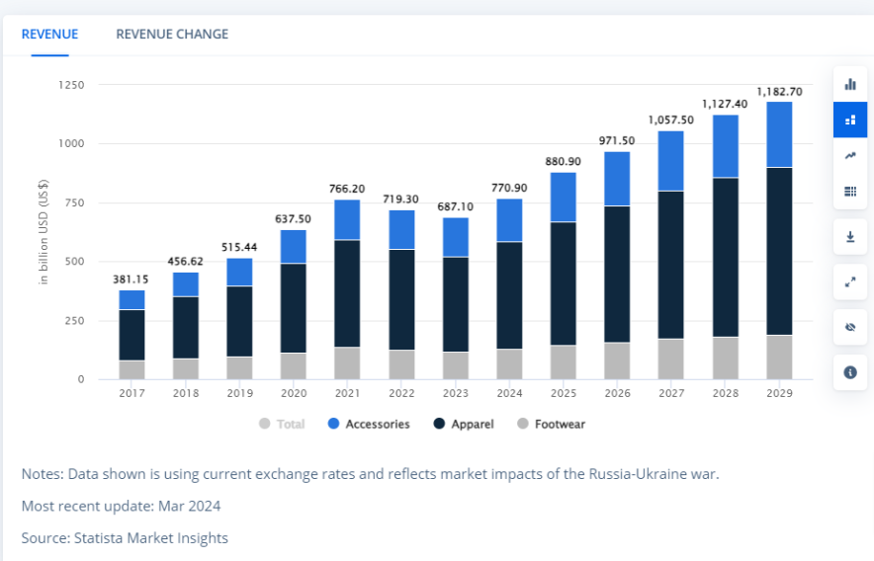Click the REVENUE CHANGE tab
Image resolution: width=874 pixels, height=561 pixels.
pos(172,34)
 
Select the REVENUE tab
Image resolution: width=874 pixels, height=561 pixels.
pos(49,34)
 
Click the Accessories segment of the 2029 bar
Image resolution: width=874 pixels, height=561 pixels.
pos(779,134)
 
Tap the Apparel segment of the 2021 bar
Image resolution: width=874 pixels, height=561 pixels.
pos(346,293)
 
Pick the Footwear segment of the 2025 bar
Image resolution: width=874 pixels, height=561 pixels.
pos(563,362)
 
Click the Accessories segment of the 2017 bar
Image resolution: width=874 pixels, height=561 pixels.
pos(131,300)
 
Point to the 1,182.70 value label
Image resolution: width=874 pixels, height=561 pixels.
pos(779,92)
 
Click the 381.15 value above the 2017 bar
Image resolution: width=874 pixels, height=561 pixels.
pos(131,280)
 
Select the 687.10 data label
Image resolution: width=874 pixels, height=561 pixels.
pos(455,206)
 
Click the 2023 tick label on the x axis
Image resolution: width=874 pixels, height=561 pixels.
pos(455,393)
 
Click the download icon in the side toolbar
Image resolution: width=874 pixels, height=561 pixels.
pos(850,237)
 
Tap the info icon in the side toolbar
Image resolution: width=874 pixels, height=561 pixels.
pos(850,372)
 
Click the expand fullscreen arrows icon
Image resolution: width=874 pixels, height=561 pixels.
pos(850,281)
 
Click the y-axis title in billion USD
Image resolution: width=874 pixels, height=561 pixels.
pos(44,233)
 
